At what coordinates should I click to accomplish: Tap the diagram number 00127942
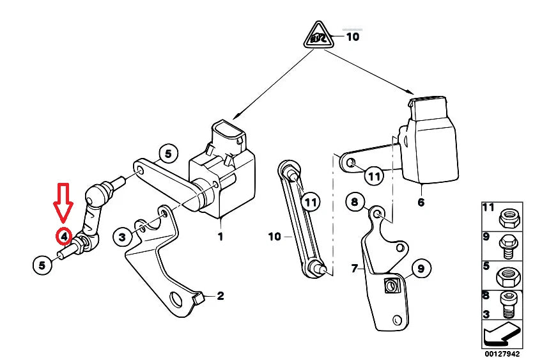point(502,353)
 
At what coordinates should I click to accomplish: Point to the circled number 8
point(356,203)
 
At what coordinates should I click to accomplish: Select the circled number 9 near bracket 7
point(421,269)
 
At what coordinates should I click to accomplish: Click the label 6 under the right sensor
point(421,203)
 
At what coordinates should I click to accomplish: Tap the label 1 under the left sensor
point(221,237)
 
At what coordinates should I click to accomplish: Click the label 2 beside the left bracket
point(221,295)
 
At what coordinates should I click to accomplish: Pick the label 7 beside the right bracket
point(354,268)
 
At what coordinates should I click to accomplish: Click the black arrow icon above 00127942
point(502,334)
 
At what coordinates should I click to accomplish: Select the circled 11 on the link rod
point(309,202)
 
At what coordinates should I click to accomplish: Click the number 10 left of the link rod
point(274,237)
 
